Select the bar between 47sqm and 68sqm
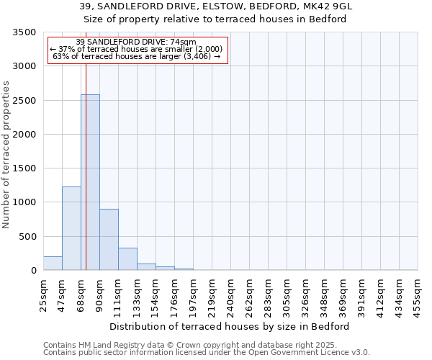tap(71, 228)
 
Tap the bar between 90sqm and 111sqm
tap(109, 240)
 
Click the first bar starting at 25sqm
tap(53, 264)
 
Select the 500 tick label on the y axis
tap(29, 237)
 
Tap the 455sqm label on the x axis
tap(418, 294)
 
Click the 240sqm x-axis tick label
tap(230, 294)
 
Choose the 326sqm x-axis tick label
tap(305, 294)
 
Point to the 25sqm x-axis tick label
tap(43, 293)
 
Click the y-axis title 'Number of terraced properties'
tap(7, 154)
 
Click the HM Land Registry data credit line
tap(206, 345)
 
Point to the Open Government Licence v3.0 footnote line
tap(206, 353)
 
